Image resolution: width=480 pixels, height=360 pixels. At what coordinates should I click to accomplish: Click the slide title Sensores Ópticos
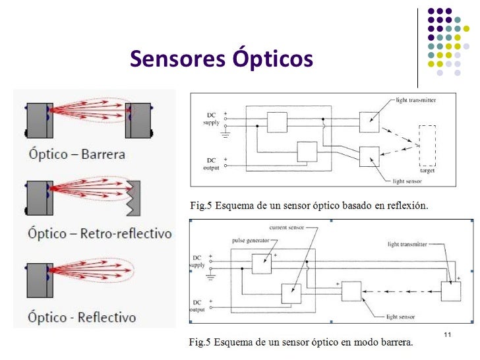coord(221,59)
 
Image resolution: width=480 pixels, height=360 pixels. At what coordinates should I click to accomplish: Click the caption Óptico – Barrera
coord(76,155)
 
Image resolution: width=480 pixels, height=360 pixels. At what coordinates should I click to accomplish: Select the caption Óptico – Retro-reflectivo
coord(100,233)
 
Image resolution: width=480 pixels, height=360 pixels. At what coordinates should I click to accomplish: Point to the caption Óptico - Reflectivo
coord(82,316)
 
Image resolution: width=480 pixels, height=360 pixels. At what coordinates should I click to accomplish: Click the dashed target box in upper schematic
coord(427,144)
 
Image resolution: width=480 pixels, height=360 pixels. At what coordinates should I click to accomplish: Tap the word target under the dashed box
coord(427,170)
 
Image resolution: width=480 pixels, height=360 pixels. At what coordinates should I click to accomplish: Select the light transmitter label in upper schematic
coord(416,100)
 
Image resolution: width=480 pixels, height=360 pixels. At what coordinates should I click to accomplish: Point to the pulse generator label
coord(247,240)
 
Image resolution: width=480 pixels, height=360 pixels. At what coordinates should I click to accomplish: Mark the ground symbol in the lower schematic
coord(211,276)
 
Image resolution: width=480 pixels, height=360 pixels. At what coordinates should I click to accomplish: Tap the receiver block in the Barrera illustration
coord(137,120)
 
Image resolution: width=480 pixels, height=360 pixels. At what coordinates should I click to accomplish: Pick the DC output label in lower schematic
coord(197,305)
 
